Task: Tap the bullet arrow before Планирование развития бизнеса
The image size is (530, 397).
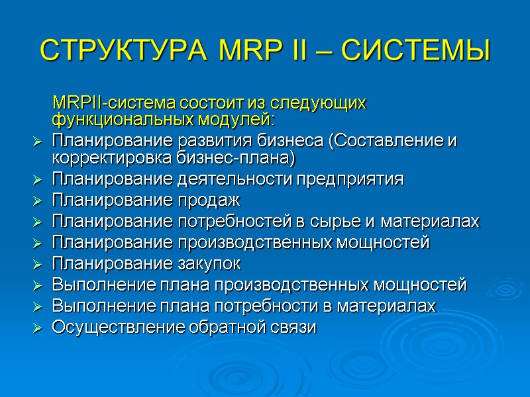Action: pyautogui.click(x=37, y=142)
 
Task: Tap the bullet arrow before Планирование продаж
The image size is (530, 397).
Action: pyautogui.click(x=37, y=200)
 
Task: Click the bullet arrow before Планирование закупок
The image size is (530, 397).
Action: pyautogui.click(x=37, y=264)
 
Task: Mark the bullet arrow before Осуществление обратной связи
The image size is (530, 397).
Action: pyautogui.click(x=37, y=328)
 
